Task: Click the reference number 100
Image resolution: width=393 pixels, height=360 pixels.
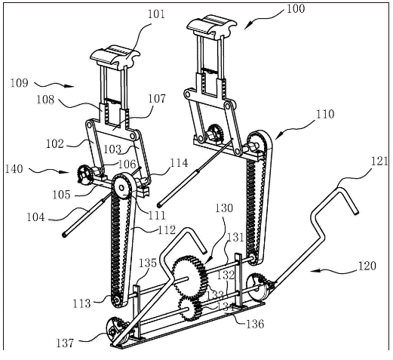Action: click(296, 8)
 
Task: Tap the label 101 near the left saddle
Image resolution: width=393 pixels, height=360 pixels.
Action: click(156, 14)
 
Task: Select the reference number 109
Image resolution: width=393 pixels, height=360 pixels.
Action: click(20, 83)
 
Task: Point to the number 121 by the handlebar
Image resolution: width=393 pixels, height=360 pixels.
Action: click(379, 161)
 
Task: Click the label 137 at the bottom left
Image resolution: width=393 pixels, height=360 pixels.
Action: click(65, 343)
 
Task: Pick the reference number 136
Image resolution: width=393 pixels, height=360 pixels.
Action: click(255, 324)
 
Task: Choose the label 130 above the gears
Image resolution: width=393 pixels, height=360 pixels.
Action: click(224, 208)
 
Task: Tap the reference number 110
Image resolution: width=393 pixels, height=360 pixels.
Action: click(325, 114)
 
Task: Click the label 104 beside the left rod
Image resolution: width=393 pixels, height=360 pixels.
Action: click(35, 217)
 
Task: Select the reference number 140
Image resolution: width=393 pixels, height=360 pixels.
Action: click(14, 168)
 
